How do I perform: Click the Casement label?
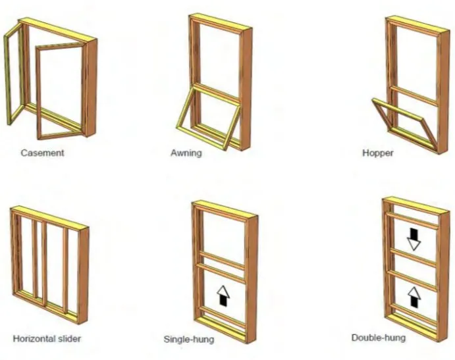42,153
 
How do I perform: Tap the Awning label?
186,153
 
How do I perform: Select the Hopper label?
378,153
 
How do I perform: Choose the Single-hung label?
189,339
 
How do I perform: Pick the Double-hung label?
379,338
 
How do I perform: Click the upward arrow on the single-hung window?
223,296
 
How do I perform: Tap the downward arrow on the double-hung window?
414,240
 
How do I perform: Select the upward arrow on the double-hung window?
414,297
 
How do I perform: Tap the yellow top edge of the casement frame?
57,30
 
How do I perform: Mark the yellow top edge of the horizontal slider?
49,217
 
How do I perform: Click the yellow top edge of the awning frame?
221,22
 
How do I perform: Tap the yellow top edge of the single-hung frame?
225,208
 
